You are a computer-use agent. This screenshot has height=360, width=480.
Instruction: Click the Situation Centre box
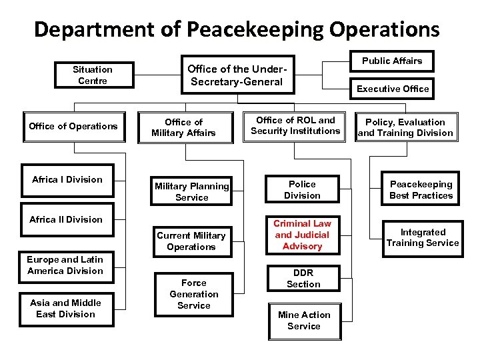pyautogui.click(x=93, y=75)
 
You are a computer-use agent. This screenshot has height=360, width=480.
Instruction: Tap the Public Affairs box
pyautogui.click(x=392, y=61)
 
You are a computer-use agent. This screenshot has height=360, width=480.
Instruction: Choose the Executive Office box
pyautogui.click(x=393, y=89)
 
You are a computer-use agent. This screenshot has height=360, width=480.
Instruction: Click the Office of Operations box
pyautogui.click(x=73, y=126)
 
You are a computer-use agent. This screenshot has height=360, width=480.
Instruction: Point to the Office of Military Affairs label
pyautogui.click(x=183, y=127)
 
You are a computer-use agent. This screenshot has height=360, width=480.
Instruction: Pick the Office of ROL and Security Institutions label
pyautogui.click(x=295, y=125)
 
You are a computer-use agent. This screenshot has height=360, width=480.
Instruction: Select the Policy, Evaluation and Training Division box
pyautogui.click(x=405, y=127)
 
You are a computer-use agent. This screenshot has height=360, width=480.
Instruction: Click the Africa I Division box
pyautogui.click(x=67, y=179)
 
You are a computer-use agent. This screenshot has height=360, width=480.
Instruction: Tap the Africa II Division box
pyautogui.click(x=66, y=219)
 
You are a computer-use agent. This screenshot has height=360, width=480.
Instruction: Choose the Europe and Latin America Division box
pyautogui.click(x=65, y=265)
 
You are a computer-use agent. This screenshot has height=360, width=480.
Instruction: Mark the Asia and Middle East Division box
pyautogui.click(x=65, y=309)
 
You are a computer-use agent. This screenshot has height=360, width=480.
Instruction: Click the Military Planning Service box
pyautogui.click(x=192, y=192)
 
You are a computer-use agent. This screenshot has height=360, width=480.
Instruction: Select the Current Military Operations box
pyautogui.click(x=191, y=241)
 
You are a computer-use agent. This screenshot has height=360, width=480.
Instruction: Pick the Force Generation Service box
pyautogui.click(x=194, y=294)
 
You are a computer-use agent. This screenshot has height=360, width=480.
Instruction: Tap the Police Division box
pyautogui.click(x=302, y=189)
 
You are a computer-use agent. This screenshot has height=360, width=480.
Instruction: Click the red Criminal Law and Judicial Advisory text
pyautogui.click(x=302, y=235)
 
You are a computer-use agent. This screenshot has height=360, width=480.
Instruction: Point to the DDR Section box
pyautogui.click(x=303, y=278)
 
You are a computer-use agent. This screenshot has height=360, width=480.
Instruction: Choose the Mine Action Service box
pyautogui.click(x=303, y=320)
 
